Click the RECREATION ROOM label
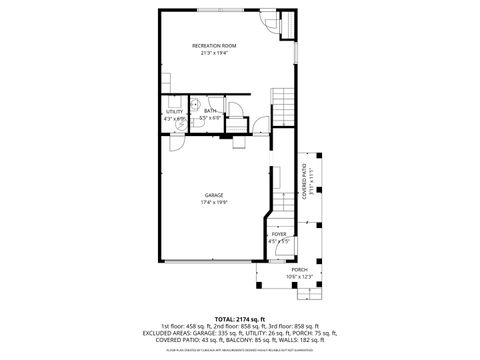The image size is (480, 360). click(214, 46)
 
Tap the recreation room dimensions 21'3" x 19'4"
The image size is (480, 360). click(214, 53)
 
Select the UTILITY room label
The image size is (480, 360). click(174, 112)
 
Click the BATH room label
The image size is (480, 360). click(210, 112)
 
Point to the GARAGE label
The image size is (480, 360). click(214, 195)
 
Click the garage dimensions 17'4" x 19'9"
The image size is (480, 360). click(214, 202)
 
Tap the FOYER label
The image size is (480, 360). click(278, 234)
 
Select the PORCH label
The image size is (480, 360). click(299, 269)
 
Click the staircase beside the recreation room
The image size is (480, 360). click(283, 102)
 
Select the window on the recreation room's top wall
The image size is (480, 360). click(214, 10)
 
